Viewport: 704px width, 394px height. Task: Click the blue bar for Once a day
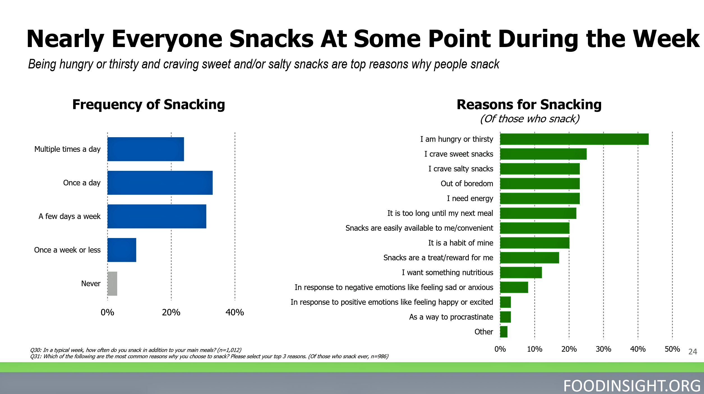(160, 183)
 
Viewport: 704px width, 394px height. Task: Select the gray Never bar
(112, 283)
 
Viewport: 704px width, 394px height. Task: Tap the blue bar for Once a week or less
(122, 250)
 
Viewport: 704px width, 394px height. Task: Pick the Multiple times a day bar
(146, 149)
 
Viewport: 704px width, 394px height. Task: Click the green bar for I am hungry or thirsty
(574, 139)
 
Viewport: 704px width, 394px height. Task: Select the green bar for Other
(504, 332)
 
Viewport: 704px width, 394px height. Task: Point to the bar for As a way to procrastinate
(505, 317)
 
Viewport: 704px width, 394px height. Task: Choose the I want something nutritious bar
(521, 272)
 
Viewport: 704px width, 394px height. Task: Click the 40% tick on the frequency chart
(235, 312)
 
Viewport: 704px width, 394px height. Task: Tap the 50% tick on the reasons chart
(672, 349)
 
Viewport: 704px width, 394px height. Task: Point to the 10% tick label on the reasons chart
(534, 349)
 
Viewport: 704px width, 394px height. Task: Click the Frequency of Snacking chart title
(149, 104)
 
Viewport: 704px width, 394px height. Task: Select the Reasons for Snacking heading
(529, 104)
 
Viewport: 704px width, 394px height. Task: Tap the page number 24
(693, 352)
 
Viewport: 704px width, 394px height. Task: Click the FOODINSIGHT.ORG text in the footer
(632, 386)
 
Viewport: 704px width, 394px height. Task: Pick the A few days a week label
(69, 216)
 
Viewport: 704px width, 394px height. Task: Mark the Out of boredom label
(467, 184)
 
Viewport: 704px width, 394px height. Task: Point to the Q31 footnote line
(209, 356)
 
